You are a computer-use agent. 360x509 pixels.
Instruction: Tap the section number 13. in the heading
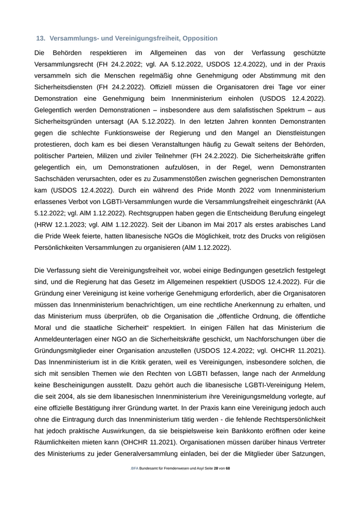click(41, 39)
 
